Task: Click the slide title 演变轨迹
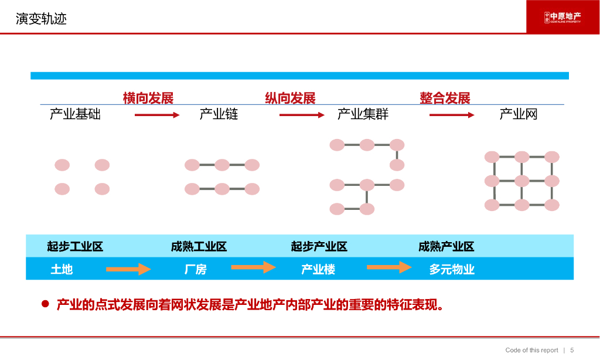pyautogui.click(x=42, y=19)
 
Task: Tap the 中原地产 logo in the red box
pyautogui.click(x=562, y=17)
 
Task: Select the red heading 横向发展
pyautogui.click(x=148, y=98)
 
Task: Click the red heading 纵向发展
pyautogui.click(x=290, y=98)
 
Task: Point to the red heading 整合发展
pyautogui.click(x=445, y=98)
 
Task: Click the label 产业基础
pyautogui.click(x=75, y=114)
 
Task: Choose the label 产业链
pyautogui.click(x=219, y=114)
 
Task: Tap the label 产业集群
pyautogui.click(x=363, y=114)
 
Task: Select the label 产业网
pyautogui.click(x=519, y=114)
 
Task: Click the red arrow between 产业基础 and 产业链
pyautogui.click(x=157, y=115)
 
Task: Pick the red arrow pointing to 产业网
pyautogui.click(x=452, y=115)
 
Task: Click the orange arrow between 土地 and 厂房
pyautogui.click(x=128, y=269)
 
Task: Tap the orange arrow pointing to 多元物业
pyautogui.click(x=389, y=267)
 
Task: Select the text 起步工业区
pyautogui.click(x=75, y=246)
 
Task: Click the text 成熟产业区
pyautogui.click(x=446, y=246)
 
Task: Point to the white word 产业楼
pyautogui.click(x=318, y=269)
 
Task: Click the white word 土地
pyautogui.click(x=62, y=269)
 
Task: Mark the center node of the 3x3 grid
pyautogui.click(x=522, y=181)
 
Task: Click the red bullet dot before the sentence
pyautogui.click(x=45, y=304)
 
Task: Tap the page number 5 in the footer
pyautogui.click(x=572, y=350)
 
